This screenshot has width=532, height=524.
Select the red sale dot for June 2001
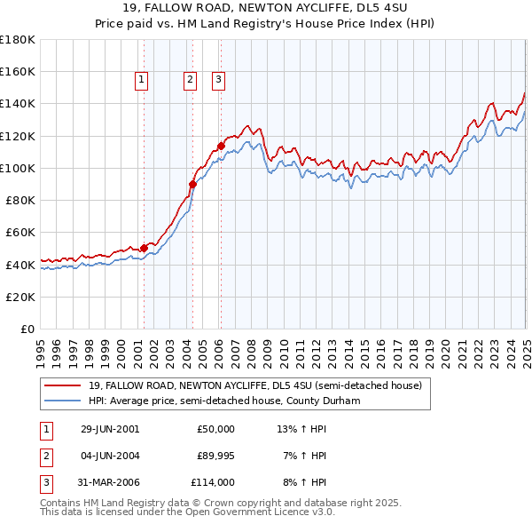(x=144, y=248)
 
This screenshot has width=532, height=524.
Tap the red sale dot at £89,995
(x=192, y=184)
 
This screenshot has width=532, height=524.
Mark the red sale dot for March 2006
(x=221, y=145)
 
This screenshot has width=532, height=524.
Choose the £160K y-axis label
(x=17, y=71)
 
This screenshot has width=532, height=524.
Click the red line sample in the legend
(x=62, y=385)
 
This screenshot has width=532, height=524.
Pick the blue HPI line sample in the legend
(x=62, y=401)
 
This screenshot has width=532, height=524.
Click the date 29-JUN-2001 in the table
(x=110, y=429)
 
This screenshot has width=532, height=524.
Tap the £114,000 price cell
(x=213, y=482)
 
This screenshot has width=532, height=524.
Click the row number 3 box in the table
(x=45, y=482)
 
